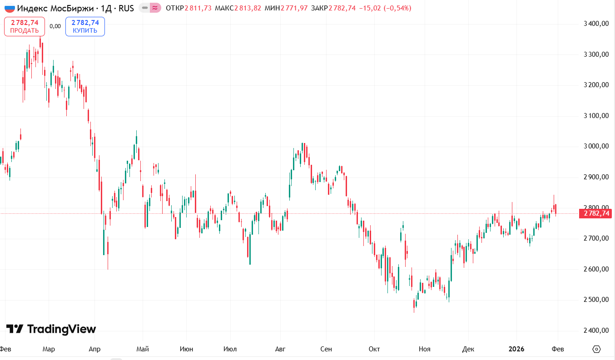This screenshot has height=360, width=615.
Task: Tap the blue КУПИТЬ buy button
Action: [85, 26]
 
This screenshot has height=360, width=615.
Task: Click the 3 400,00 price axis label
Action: [595, 24]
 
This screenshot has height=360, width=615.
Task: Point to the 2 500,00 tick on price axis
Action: [595, 300]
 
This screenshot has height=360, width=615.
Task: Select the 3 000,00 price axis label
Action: [595, 146]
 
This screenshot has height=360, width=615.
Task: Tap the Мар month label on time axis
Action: [49, 349]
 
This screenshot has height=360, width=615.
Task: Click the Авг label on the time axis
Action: [281, 349]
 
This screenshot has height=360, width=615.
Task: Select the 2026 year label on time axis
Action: [516, 349]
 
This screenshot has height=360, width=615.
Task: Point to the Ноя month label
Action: [424, 349]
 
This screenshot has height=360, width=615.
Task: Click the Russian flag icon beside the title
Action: [10, 8]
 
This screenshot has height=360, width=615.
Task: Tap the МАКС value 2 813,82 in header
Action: [248, 8]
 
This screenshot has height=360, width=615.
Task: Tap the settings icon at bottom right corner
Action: [597, 349]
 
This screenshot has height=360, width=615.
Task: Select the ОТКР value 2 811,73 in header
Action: [198, 8]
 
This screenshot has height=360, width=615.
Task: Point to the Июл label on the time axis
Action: [230, 349]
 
